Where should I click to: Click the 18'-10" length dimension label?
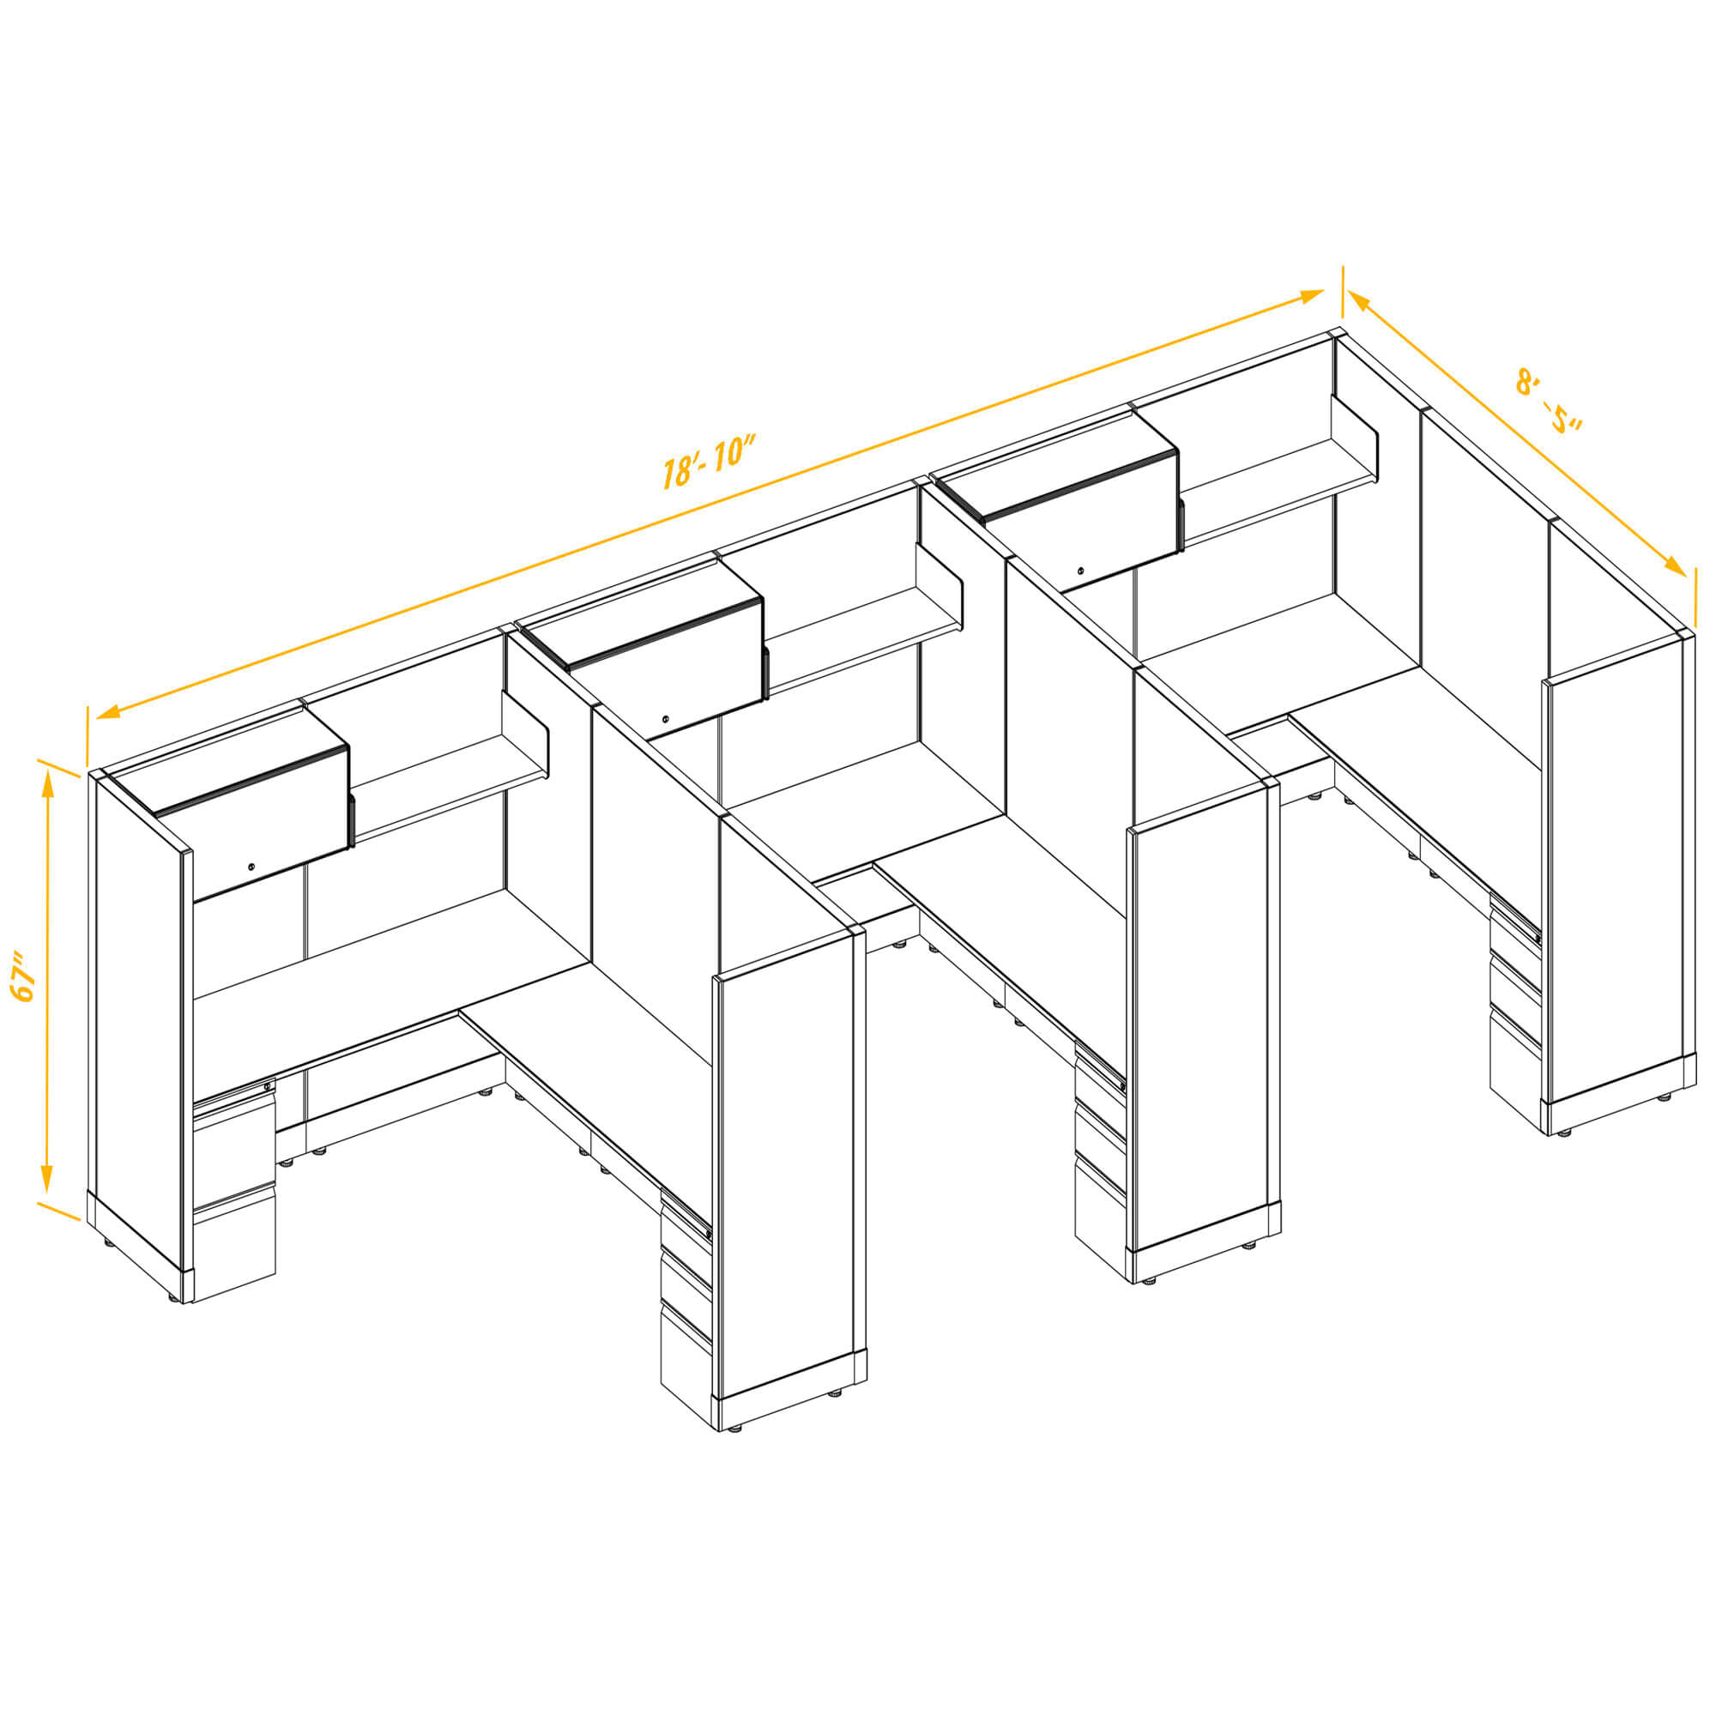[708, 461]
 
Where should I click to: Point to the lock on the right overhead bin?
[1081, 571]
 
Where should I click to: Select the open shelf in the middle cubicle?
[864, 627]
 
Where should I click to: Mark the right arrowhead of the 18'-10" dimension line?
[1312, 296]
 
